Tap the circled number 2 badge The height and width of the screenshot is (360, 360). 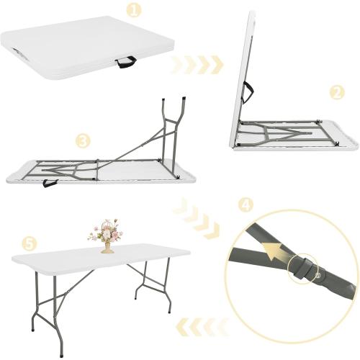[335, 92]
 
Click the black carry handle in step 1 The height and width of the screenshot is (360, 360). [128, 64]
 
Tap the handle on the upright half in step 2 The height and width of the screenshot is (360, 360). [248, 92]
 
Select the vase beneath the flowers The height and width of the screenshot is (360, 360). [107, 248]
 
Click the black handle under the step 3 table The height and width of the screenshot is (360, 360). [50, 183]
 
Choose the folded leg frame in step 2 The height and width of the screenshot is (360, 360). [277, 134]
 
